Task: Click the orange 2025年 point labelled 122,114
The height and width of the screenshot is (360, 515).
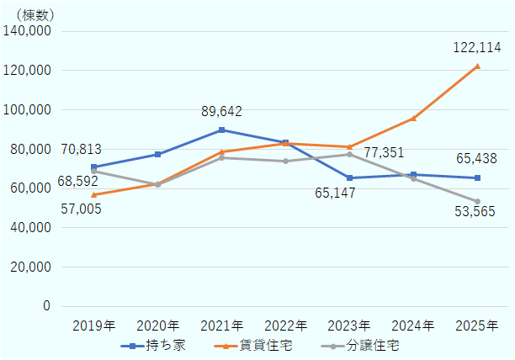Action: pyautogui.click(x=477, y=66)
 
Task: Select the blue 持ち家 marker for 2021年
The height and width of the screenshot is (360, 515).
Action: pyautogui.click(x=221, y=130)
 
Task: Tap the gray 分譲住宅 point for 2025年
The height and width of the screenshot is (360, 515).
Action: pyautogui.click(x=477, y=201)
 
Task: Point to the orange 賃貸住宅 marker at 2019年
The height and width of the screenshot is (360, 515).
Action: pyautogui.click(x=93, y=194)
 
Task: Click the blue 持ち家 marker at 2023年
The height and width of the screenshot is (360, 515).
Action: pyautogui.click(x=349, y=177)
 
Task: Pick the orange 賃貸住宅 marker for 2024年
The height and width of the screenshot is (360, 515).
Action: pyautogui.click(x=413, y=119)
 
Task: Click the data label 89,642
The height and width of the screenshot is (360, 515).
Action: pyautogui.click(x=222, y=111)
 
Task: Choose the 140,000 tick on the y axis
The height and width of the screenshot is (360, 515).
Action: pyautogui.click(x=29, y=31)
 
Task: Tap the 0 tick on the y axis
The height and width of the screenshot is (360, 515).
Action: pyautogui.click(x=47, y=306)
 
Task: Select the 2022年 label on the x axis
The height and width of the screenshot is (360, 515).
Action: pyautogui.click(x=285, y=325)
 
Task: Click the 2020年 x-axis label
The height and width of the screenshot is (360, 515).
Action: pyautogui.click(x=157, y=325)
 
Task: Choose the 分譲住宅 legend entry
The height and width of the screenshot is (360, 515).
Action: pyautogui.click(x=371, y=346)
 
